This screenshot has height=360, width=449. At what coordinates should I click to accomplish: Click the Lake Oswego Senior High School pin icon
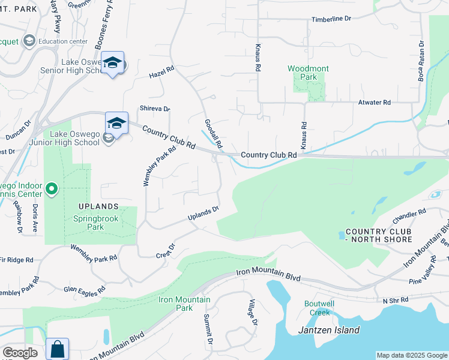click(x=112, y=63)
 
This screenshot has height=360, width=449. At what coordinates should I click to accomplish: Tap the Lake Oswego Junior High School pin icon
click(x=116, y=124)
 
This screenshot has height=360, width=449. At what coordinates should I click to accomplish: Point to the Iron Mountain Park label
click(x=184, y=304)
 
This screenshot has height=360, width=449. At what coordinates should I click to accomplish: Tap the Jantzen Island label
click(x=329, y=330)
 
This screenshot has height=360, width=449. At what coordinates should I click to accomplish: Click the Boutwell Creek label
click(x=319, y=308)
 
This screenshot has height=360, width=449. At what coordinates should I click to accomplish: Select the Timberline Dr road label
click(x=331, y=19)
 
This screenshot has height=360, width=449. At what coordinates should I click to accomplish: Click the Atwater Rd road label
click(x=374, y=103)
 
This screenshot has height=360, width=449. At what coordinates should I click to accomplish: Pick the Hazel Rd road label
click(x=161, y=73)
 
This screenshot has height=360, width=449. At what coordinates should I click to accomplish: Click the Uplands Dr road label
click(x=203, y=213)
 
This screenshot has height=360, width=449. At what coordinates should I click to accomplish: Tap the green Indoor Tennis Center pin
click(x=52, y=190)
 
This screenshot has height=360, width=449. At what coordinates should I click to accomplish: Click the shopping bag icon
click(x=57, y=349)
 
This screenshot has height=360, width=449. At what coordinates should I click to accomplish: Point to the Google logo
click(x=20, y=353)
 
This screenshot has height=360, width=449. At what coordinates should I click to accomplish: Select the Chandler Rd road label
click(x=409, y=214)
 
